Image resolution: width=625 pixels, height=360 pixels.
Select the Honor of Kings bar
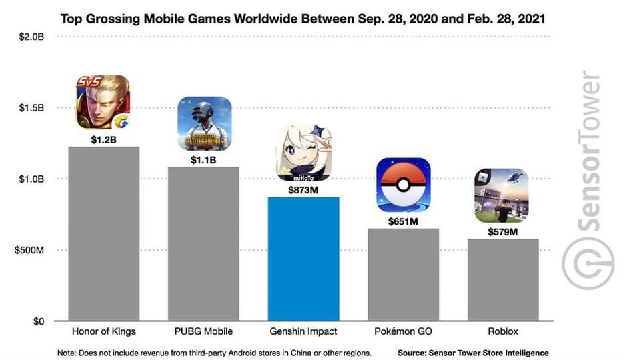coord(104,233)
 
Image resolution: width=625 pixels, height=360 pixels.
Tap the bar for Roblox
coord(502,280)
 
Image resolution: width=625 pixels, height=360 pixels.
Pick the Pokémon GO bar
coord(403,275)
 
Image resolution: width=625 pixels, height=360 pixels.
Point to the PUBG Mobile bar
coord(203,243)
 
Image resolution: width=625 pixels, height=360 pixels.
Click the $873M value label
coord(303,189)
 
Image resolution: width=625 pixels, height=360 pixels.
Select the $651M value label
coord(403,221)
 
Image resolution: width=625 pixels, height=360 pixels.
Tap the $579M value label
coord(502,231)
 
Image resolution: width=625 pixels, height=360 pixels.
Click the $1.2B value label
coord(104,139)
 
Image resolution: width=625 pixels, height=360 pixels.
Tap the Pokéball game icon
coord(403,185)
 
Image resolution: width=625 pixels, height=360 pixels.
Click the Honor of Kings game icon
coord(103,102)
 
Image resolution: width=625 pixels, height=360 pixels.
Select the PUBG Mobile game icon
coord(204,123)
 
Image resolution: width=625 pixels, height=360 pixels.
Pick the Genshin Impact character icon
coord(303,154)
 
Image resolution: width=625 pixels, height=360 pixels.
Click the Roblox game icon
coord(502,195)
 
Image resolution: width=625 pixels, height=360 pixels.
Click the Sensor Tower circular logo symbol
coord(588,263)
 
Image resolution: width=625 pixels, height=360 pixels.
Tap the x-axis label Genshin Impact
coord(303,331)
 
